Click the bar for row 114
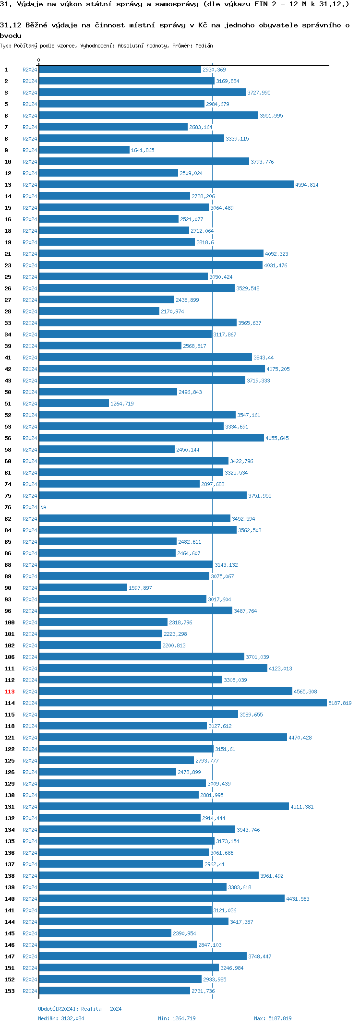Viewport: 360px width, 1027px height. coord(182,703)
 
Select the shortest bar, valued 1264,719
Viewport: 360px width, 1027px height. coord(74,403)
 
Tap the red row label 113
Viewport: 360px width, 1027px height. coord(10,692)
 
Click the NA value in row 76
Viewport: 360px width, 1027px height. coord(43,507)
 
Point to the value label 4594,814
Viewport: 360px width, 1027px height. coord(306,185)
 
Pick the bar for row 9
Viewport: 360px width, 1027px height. coord(84,150)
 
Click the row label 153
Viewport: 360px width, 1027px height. coord(10,991)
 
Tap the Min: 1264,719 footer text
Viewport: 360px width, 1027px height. coord(177,1018)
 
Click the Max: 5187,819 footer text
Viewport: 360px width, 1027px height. coord(273,1018)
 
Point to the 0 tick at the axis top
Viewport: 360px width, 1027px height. coord(39,60)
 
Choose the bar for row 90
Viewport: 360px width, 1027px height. coord(83,587)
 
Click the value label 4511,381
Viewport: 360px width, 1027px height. coord(302,807)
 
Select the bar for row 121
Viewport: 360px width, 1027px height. coord(163,737)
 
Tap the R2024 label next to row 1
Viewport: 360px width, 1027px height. coord(30,70)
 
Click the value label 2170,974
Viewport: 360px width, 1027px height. coord(172,311)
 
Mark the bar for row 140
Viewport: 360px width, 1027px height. coord(162,898)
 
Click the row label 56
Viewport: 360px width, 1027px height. coord(8,438)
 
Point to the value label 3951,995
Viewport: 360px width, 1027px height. coord(271,116)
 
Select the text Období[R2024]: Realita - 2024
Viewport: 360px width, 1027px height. coord(80,1009)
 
